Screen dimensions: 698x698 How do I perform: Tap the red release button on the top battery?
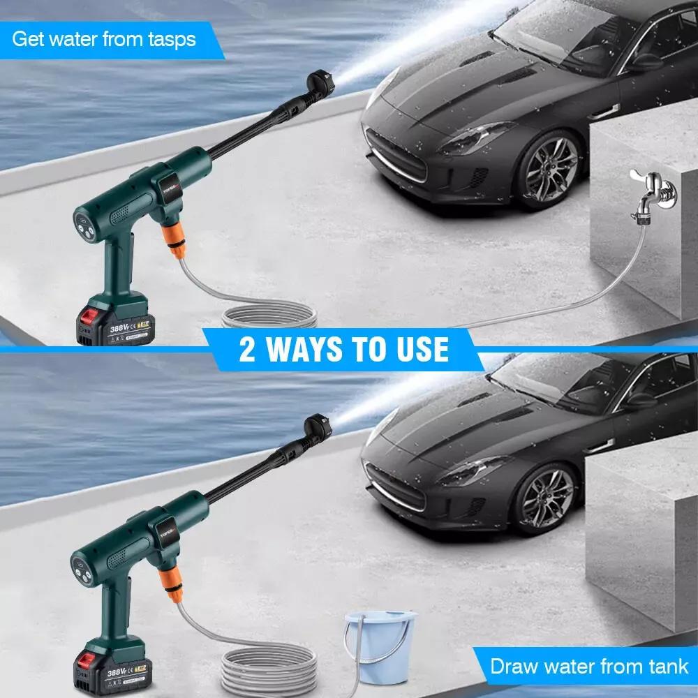[91, 311]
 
